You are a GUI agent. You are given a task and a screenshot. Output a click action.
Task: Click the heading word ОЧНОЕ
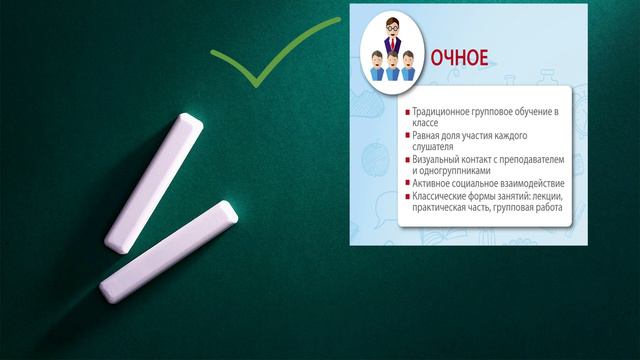459,57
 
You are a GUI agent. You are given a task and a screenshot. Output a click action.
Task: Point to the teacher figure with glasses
393,35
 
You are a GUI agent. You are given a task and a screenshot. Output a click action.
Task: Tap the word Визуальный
438,159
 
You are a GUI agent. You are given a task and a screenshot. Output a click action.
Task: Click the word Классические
444,196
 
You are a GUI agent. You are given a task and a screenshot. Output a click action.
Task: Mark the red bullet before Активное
407,184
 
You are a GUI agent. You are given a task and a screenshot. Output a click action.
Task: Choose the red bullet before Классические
407,197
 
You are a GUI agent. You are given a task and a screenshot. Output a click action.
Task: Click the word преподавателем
536,159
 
